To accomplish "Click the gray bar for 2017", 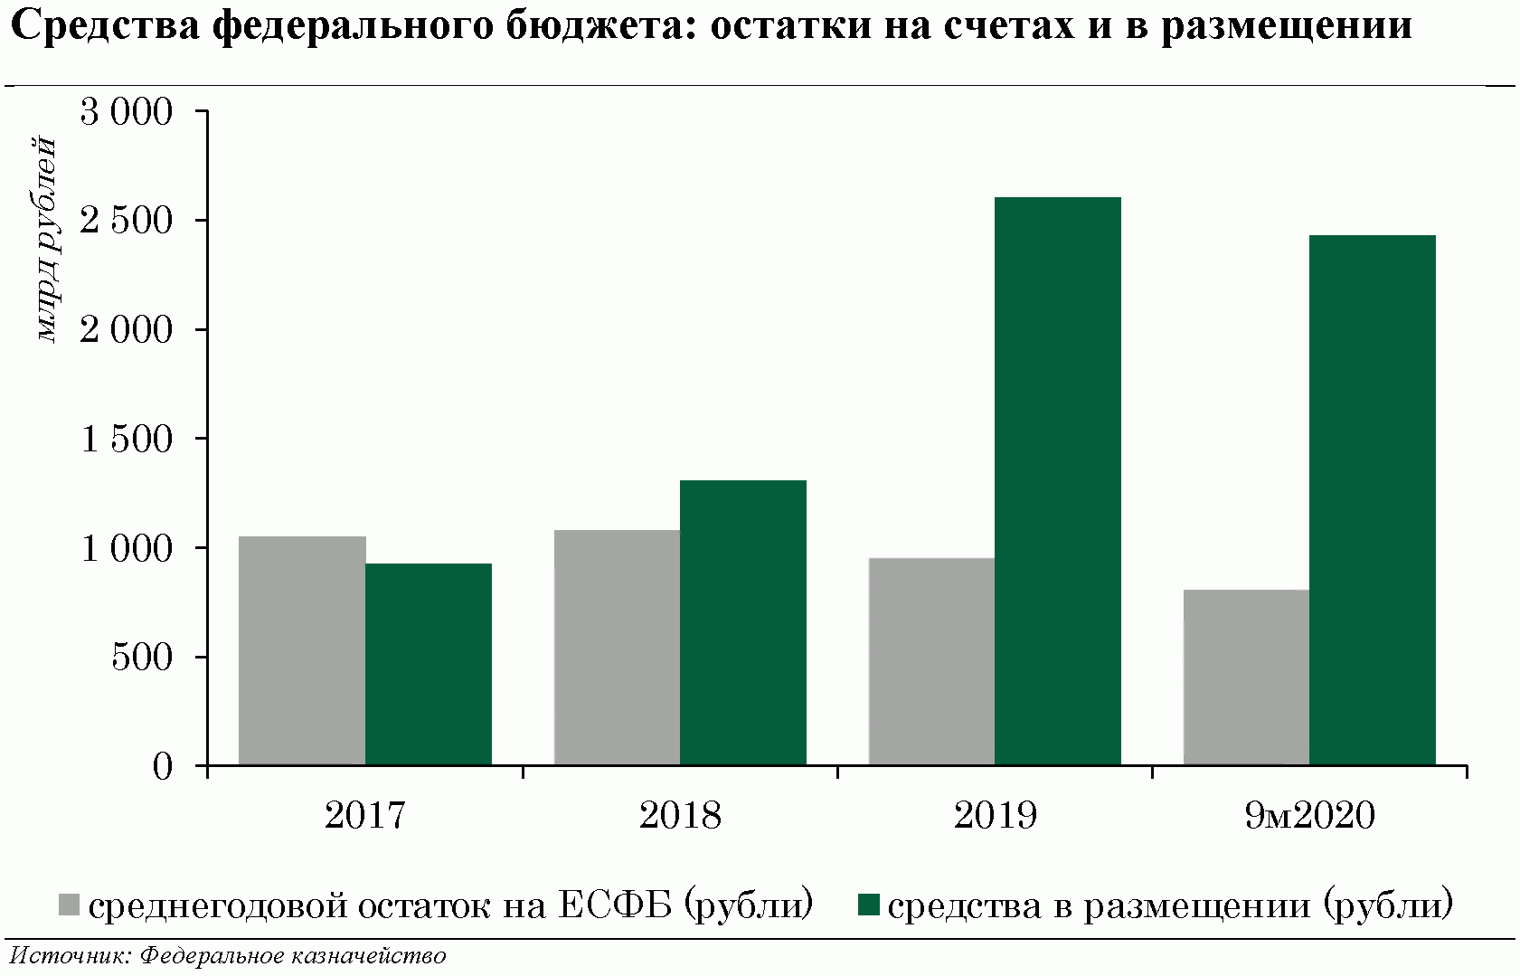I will click(x=302, y=650).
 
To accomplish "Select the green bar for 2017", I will click(x=429, y=664).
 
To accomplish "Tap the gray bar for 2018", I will click(x=617, y=647).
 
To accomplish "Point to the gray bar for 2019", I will click(x=931, y=661).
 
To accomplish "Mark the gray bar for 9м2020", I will click(x=1246, y=678).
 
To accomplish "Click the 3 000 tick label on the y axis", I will click(x=127, y=112).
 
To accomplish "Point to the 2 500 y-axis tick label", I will click(x=127, y=221).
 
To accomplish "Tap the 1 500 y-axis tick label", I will click(x=127, y=440).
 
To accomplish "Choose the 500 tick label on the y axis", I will click(x=142, y=658).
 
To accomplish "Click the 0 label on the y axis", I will click(x=163, y=767).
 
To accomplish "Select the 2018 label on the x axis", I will click(x=680, y=816).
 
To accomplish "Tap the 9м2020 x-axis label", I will click(x=1309, y=816).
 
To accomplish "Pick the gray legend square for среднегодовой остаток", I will click(x=71, y=905).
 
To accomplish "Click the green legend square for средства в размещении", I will click(x=868, y=905).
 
